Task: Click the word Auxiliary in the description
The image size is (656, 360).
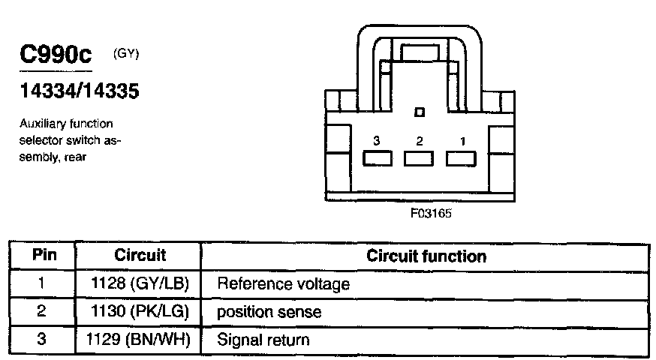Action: point(41,124)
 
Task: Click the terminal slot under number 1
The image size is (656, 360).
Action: point(462,159)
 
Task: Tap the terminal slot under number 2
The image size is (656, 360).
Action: point(419,159)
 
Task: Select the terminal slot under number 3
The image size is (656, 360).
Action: point(378,159)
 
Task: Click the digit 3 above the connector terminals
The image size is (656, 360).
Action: point(377,141)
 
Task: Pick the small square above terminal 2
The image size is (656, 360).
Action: point(419,112)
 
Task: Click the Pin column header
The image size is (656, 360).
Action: point(42,256)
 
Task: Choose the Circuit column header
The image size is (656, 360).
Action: point(140,256)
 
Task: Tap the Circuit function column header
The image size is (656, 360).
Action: point(426,256)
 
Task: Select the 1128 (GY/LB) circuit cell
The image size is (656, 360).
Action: point(140,284)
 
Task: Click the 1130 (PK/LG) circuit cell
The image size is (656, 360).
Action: point(140,312)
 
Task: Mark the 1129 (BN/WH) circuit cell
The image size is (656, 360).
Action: point(140,340)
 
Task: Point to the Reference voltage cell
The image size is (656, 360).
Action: point(283,284)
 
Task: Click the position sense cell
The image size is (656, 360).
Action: point(269,312)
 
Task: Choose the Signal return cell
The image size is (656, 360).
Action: point(263,340)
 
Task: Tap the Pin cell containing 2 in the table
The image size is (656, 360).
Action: point(42,312)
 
